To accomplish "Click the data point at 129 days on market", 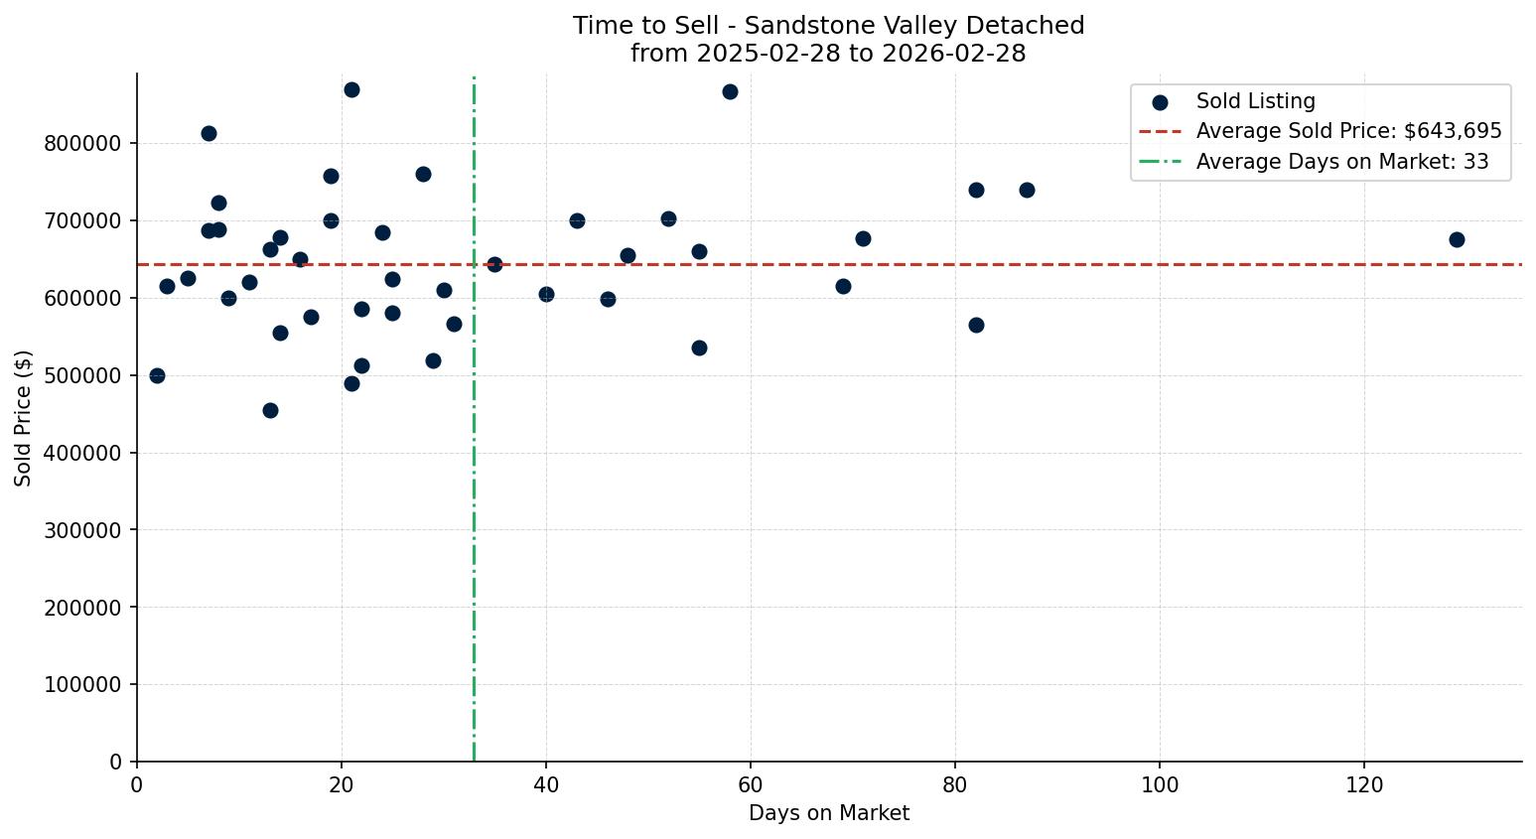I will (x=1457, y=239).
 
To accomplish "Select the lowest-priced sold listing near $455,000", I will (x=270, y=410).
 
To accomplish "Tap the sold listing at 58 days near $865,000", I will (x=730, y=91).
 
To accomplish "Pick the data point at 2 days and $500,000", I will (x=157, y=375).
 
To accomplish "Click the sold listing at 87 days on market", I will (x=1027, y=190).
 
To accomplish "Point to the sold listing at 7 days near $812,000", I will (x=209, y=133).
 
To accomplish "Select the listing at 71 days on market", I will (x=863, y=238).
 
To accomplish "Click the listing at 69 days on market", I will (x=843, y=286).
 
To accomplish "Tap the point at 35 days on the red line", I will (x=494, y=264).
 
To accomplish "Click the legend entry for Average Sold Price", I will (x=1348, y=131).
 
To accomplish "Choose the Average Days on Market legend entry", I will (x=1341, y=162).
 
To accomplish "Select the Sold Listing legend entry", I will (x=1255, y=101).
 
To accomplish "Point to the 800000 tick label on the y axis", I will (x=83, y=144).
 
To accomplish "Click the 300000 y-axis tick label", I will (x=83, y=530).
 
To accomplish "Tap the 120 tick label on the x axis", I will (x=1364, y=784).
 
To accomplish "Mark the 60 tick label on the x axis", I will (x=751, y=784).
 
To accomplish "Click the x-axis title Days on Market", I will (x=829, y=814).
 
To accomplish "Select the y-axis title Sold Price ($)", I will (x=24, y=418).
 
